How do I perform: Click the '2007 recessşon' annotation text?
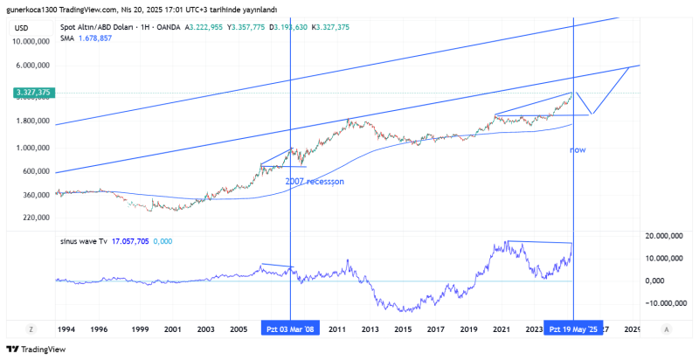[315, 181]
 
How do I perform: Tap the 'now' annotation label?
[578, 150]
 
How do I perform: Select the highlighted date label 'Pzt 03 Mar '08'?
[291, 329]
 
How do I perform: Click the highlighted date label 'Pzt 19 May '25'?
[573, 329]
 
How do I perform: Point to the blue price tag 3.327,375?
[34, 93]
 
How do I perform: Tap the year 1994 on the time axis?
[66, 329]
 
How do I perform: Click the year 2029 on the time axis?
[633, 329]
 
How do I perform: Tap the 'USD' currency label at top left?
[22, 28]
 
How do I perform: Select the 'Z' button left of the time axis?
[31, 329]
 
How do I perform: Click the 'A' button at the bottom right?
[667, 329]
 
